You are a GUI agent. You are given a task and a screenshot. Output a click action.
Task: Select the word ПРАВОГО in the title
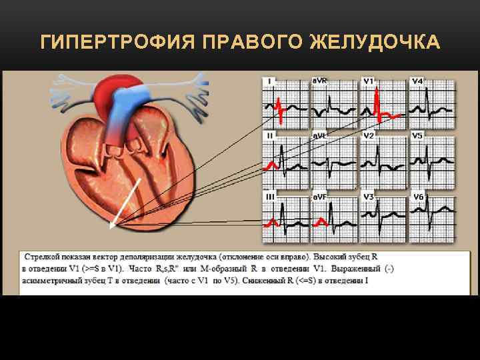coord(251,43)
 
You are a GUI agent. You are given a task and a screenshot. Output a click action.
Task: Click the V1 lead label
coord(368,81)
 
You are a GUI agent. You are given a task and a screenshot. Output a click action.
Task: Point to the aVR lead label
coord(320,81)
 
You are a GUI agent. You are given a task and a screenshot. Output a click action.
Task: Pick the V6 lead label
coord(418,197)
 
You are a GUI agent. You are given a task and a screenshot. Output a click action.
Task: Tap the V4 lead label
coord(417,81)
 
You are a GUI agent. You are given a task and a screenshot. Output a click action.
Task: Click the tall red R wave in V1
coord(377,100)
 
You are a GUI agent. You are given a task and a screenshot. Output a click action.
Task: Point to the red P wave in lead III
coord(271,221)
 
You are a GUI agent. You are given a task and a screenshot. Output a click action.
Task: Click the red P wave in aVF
coord(321,221)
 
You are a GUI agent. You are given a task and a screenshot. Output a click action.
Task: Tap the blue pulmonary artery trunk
coord(124,110)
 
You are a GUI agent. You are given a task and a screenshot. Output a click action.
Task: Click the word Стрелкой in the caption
coord(44,256)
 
